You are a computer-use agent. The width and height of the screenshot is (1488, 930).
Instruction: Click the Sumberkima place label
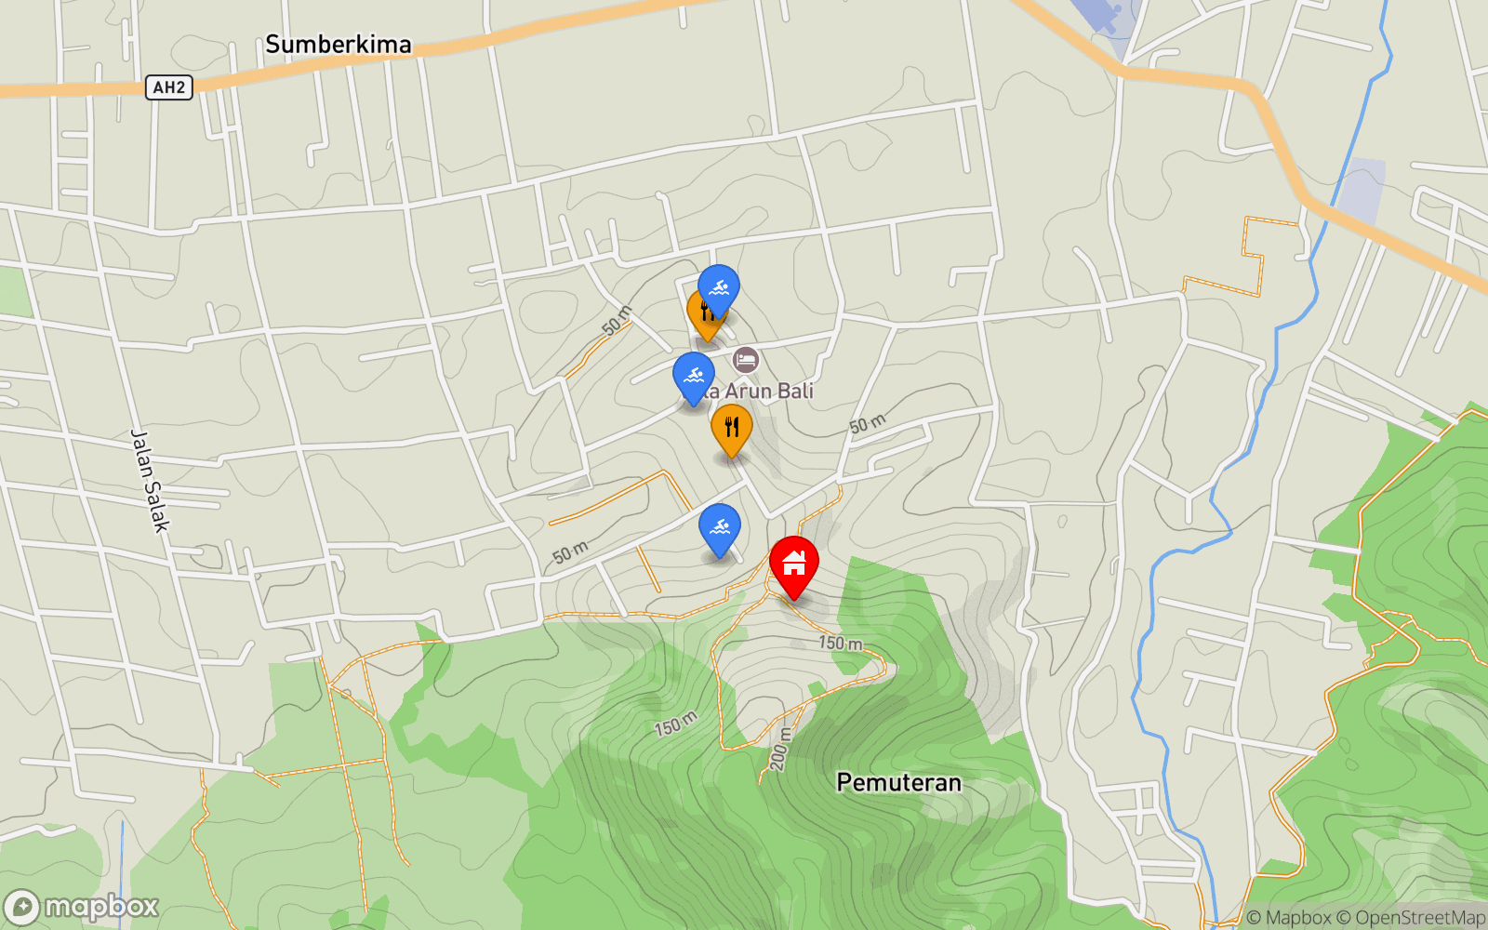point(338,44)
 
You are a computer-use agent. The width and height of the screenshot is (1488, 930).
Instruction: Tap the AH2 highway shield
point(168,87)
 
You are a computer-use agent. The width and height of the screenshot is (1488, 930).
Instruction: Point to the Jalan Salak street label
point(149,481)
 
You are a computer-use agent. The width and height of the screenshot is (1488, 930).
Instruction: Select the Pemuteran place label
point(898,782)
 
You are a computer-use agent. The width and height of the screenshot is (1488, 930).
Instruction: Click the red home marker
point(793,563)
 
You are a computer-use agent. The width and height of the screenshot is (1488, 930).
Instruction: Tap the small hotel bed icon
point(745,359)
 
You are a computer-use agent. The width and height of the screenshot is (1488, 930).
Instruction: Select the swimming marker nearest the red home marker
point(719,526)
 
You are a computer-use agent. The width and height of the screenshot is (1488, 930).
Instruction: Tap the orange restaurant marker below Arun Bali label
point(732,426)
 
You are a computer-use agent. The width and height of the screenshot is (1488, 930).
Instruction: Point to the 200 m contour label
point(779,749)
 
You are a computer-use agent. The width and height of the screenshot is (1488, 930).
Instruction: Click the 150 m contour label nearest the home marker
point(840,643)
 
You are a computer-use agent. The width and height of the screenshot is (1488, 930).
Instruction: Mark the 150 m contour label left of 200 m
point(675,724)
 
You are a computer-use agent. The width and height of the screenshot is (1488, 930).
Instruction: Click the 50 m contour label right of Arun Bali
point(867,424)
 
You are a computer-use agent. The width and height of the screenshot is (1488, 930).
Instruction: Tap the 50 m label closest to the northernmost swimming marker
point(617,320)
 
